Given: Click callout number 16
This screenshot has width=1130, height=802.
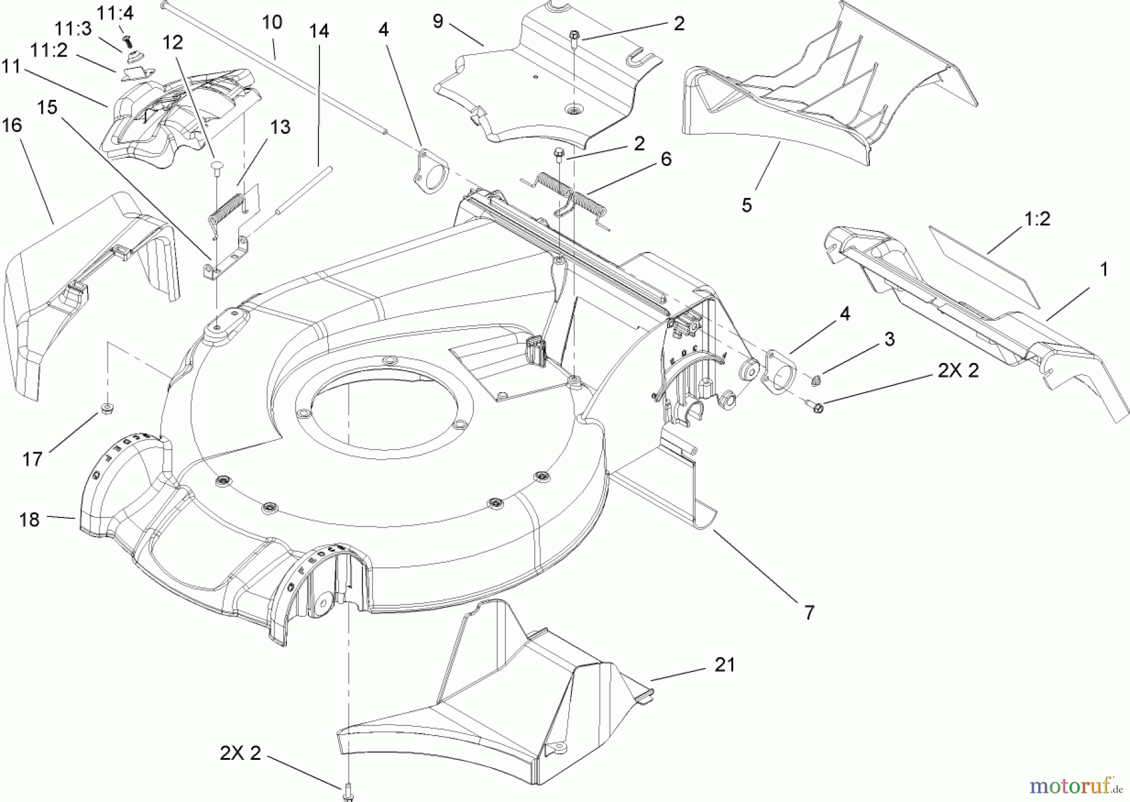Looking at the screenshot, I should pyautogui.click(x=12, y=126).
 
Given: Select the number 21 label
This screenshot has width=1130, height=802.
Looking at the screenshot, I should pyautogui.click(x=724, y=664).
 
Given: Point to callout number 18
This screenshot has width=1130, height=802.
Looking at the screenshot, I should pyautogui.click(x=30, y=519).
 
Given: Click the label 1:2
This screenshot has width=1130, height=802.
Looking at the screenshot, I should pyautogui.click(x=1036, y=219).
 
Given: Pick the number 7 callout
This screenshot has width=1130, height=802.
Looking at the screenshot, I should pyautogui.click(x=809, y=612).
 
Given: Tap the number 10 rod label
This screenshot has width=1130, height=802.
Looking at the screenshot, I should pyautogui.click(x=272, y=23).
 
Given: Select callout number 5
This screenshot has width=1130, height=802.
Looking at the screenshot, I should pyautogui.click(x=746, y=205).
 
